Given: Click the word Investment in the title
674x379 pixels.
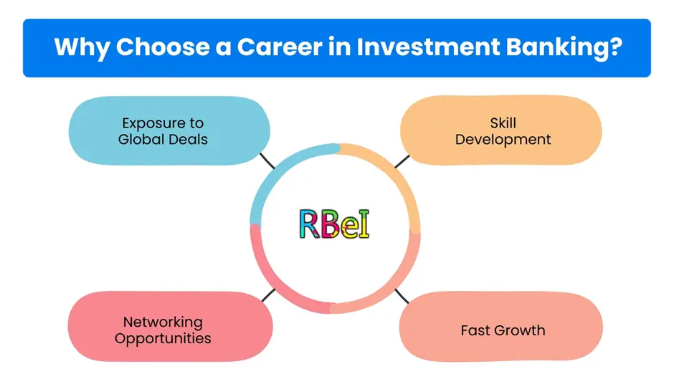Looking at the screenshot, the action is coord(428,47).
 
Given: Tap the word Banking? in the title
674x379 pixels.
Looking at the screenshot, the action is coord(564,48).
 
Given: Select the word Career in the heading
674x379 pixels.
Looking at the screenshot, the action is coord(280,47).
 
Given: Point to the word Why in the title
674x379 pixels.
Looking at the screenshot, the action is coord(82,48).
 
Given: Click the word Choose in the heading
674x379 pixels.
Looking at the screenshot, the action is coord(163,47).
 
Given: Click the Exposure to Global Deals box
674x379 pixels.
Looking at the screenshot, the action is coord(169,130).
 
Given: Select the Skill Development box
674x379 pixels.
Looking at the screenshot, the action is coord(500,130).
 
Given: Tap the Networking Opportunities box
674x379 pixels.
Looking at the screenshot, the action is coord(170,327).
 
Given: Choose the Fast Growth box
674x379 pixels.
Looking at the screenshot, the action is coord(500,327).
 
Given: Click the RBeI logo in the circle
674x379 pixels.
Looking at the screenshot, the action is coord(334,224).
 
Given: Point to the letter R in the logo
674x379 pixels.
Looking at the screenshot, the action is coord(310,224).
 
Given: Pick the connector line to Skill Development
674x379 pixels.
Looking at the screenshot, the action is coord(402,162).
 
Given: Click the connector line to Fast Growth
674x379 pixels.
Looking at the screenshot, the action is coord(402,296).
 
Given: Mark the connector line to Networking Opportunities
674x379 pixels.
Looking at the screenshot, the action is coord(268,295).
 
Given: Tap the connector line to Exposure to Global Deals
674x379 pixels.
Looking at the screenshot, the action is coord(267,160).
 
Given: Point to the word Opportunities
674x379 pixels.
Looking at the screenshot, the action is coord(163,339).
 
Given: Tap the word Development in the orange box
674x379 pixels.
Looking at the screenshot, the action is coord(503,140).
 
